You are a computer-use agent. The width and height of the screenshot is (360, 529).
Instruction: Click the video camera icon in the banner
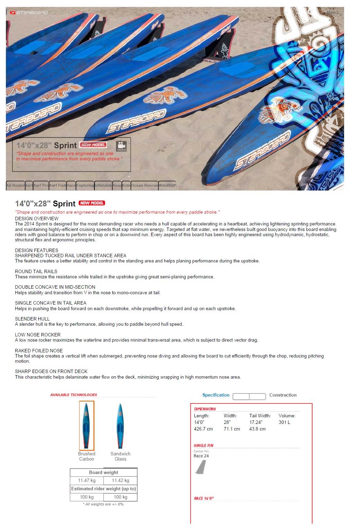click(121, 146)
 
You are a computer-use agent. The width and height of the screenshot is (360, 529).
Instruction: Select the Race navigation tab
click(71, 185)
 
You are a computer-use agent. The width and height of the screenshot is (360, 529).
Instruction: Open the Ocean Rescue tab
click(144, 185)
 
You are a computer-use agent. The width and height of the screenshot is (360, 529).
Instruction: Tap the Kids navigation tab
click(126, 185)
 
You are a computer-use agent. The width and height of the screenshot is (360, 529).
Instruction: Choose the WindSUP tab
click(167, 185)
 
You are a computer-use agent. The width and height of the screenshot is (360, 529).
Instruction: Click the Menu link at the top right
click(333, 13)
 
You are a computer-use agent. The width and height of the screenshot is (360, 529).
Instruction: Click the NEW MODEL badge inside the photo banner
click(93, 145)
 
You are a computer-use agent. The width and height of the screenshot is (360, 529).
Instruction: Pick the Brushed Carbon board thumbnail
click(86, 426)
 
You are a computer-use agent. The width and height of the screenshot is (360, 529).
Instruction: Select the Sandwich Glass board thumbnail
click(120, 426)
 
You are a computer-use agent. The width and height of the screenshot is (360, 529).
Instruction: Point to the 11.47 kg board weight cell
click(86, 481)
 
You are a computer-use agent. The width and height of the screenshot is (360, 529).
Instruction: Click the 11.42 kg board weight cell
click(120, 481)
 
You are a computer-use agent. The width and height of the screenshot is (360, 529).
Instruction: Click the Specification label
click(216, 395)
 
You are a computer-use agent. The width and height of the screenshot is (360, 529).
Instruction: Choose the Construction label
click(283, 395)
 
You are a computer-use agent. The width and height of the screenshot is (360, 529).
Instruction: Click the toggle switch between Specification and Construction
click(249, 396)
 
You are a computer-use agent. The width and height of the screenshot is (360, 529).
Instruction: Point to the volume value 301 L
click(284, 423)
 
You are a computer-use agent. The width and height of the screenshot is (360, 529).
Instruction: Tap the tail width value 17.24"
click(256, 423)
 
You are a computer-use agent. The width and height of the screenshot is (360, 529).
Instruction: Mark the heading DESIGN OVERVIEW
click(37, 219)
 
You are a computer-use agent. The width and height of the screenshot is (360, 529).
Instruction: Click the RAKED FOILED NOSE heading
click(39, 351)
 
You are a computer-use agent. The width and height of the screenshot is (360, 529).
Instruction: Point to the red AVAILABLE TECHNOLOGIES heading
click(73, 395)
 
